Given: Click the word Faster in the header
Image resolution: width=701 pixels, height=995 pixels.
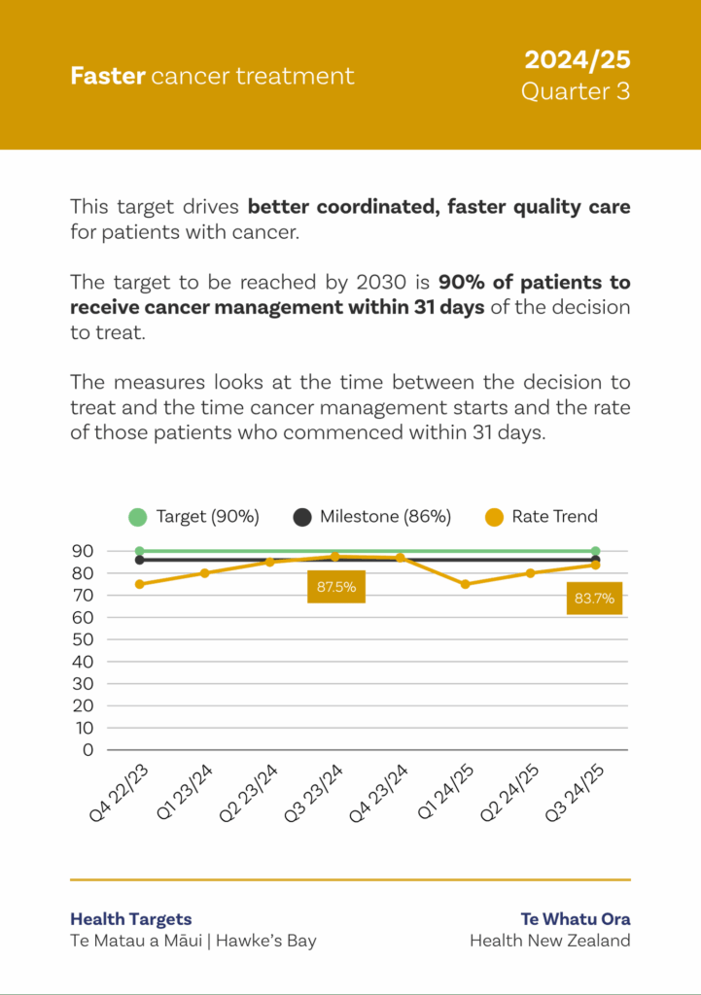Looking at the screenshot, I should pos(107,76).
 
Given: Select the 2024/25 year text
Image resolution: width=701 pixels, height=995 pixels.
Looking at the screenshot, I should pos(578,60).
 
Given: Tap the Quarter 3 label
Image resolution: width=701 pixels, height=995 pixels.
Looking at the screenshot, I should pos(576,91).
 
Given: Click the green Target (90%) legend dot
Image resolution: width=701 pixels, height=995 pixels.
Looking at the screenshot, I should pos(138,517).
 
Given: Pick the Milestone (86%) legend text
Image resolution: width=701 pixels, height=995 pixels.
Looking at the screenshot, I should pos(385,517).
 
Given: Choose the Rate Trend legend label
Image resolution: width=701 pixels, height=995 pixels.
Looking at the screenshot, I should pos(554,517).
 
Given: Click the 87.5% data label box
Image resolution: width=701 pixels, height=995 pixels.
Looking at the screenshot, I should pos(336,587).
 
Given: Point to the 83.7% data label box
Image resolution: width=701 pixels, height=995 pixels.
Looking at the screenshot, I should pos(594,599).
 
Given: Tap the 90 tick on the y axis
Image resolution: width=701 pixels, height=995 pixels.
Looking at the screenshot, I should pos(82,551).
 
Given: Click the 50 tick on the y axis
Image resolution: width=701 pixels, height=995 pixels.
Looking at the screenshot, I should pos(82,639).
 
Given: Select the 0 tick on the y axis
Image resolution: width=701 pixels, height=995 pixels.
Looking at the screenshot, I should pos(88,750).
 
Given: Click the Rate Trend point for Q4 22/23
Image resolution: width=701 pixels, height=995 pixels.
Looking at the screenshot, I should pos(139,584).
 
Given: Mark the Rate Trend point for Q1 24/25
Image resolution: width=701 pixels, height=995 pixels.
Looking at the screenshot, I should pos(465,584).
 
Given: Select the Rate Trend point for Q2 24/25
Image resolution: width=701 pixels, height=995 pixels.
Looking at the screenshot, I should pos(530,573).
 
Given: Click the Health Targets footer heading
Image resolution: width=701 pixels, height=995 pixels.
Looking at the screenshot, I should pos(131,918).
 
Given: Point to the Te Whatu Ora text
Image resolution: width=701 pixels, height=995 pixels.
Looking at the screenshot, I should pos(576,918).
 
